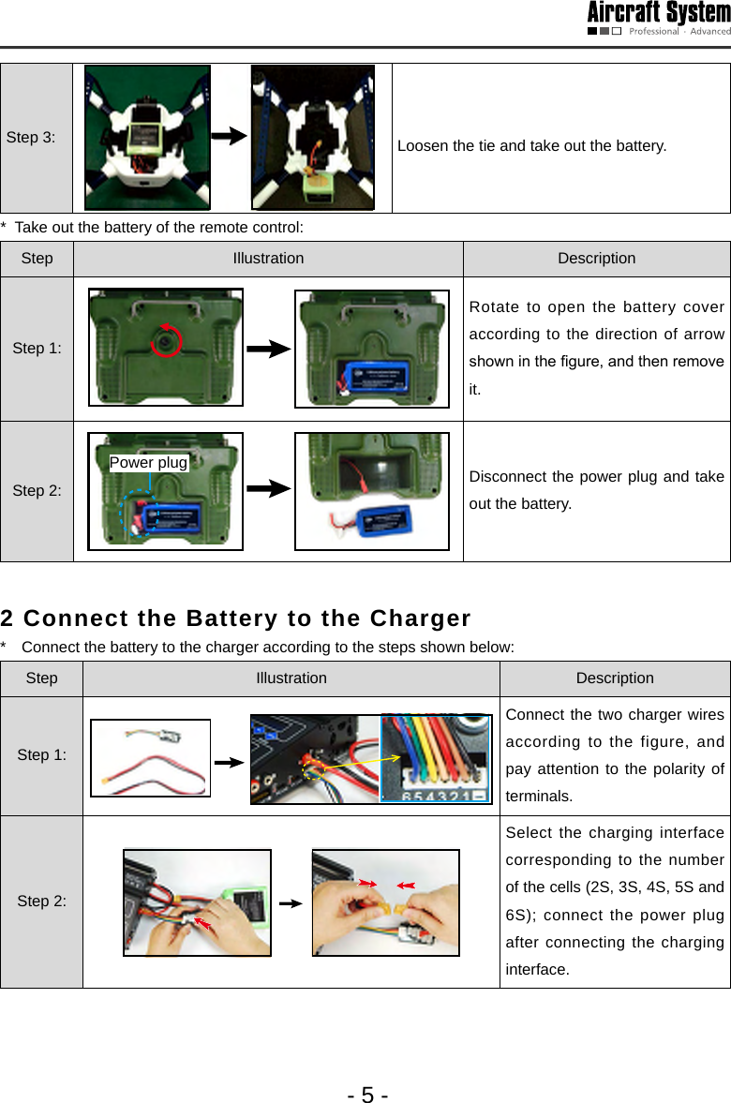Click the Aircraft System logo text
point(659,13)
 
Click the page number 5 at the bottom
point(367,1094)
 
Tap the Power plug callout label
point(148,463)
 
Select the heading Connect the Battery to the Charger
point(235,619)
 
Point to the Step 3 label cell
point(31,138)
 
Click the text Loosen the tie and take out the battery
point(531,146)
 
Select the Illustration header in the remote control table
point(268,259)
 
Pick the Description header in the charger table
point(614,678)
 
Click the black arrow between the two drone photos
point(230,137)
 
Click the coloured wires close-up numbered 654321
point(436,759)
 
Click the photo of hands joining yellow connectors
point(385,902)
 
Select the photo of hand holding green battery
point(197,902)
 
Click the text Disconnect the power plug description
point(596,490)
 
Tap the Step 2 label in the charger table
point(41,902)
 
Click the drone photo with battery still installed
point(147,137)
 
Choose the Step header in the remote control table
point(37,259)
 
